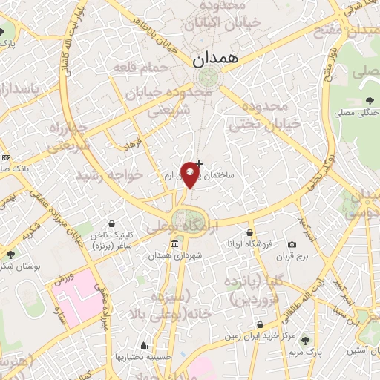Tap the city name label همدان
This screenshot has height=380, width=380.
point(214,60)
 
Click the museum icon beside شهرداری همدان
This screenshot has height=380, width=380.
point(174,244)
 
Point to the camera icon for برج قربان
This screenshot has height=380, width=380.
point(292,244)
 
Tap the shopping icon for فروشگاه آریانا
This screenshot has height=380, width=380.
point(249,232)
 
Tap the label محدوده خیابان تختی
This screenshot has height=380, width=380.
point(264,114)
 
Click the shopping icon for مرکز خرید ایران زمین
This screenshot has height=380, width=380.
point(259,324)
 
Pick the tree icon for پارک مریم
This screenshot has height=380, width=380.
point(307,339)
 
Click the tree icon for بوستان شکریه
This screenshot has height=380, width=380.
point(11,255)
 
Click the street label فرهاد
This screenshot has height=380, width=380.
point(132,143)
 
